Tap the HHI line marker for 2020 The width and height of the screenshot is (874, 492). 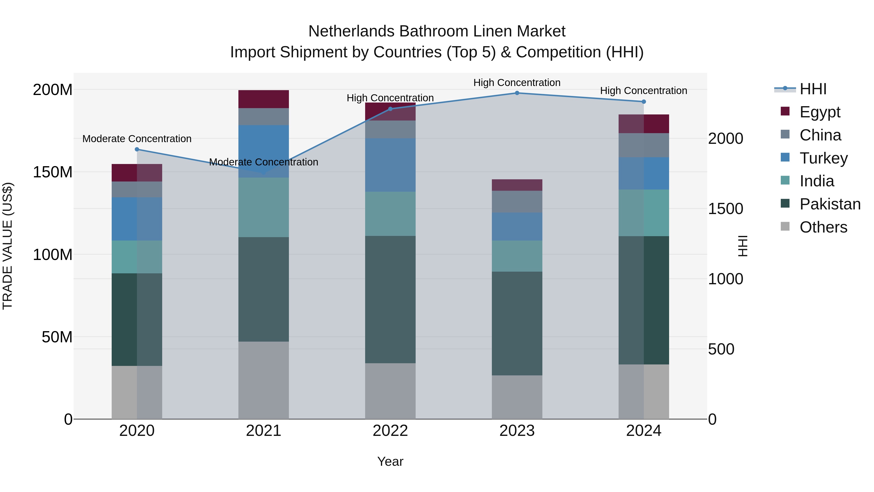click(x=137, y=149)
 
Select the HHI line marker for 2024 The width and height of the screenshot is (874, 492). click(x=644, y=102)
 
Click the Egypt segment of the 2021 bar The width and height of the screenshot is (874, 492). click(x=264, y=99)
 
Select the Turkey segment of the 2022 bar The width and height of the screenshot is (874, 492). click(x=390, y=165)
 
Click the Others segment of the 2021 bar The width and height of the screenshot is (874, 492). click(x=264, y=380)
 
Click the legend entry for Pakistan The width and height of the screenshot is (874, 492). click(x=830, y=204)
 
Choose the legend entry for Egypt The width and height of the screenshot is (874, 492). click(x=819, y=112)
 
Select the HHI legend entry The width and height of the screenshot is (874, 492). click(x=813, y=89)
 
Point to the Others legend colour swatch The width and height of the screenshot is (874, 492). click(x=785, y=226)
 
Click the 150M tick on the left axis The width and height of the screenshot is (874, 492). click(x=53, y=172)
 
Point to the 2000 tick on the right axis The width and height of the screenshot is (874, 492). click(x=726, y=138)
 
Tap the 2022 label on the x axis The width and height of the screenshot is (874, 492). click(x=390, y=431)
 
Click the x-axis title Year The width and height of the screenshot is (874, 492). click(x=390, y=461)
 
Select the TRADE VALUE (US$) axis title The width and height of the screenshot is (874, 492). click(x=8, y=246)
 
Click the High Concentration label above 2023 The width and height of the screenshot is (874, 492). click(x=517, y=83)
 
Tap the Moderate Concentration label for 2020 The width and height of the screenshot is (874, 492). click(x=137, y=139)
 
